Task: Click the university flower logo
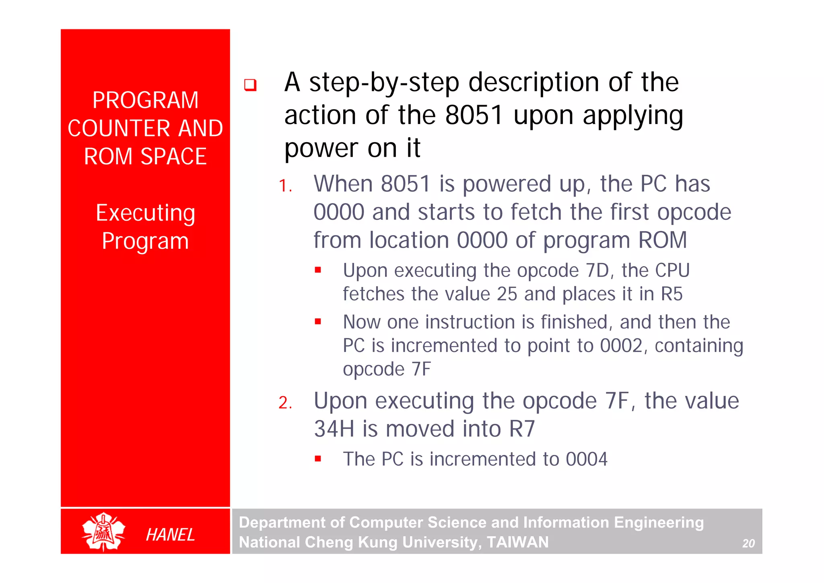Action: (103, 531)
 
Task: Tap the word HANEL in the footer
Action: (170, 535)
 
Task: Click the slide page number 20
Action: (748, 544)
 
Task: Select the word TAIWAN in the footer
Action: (518, 542)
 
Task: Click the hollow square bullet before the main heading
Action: (250, 85)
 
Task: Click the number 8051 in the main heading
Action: (474, 115)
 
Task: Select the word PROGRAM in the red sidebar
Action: (145, 100)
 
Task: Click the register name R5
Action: (672, 294)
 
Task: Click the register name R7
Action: (522, 429)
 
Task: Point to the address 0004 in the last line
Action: (586, 459)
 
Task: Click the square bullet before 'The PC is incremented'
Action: (318, 459)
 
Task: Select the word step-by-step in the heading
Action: (384, 82)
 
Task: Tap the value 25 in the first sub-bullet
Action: (507, 294)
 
